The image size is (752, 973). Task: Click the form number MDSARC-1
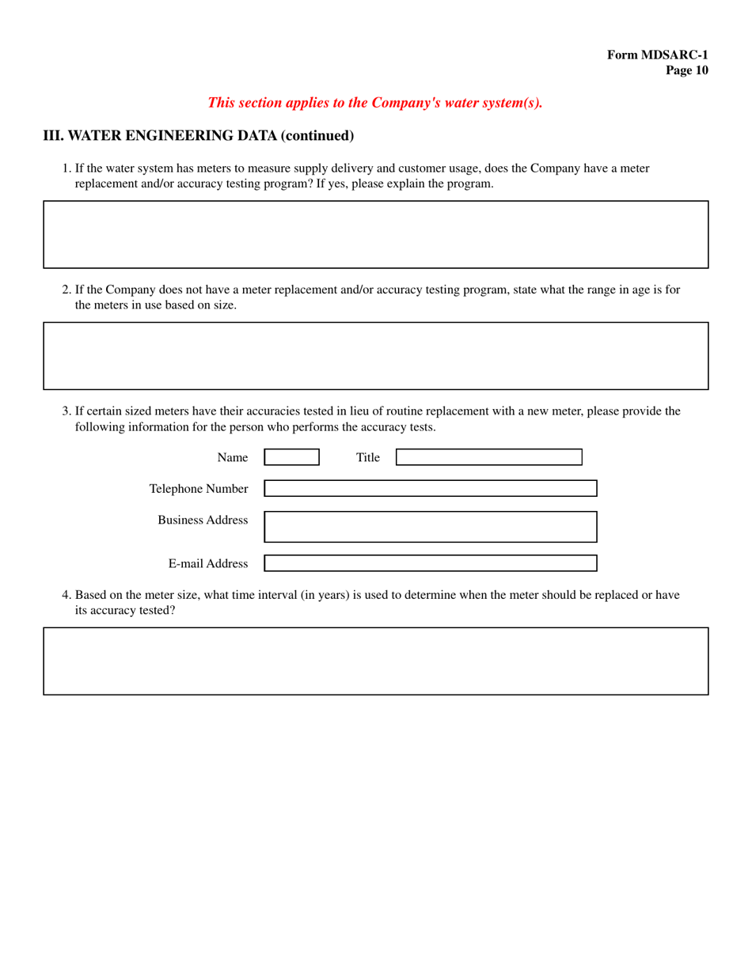657,55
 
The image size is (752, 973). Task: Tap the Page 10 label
686,70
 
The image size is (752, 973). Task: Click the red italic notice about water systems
375,103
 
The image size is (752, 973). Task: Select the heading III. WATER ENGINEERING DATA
198,135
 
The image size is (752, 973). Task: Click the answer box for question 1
375,234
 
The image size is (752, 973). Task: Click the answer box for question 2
375,355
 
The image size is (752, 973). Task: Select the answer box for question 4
375,661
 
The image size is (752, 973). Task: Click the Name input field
291,457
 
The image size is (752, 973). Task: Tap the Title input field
488,457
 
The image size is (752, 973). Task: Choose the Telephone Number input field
430,488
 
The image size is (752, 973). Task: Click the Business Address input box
430,526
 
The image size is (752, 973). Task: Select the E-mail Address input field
430,563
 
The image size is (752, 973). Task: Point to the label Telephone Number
199,489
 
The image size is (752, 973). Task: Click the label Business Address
203,520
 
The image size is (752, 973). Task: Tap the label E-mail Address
207,564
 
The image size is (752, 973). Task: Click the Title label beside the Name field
367,457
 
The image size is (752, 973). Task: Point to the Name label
232,457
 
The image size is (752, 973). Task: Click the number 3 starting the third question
66,411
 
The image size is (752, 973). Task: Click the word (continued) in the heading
317,135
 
